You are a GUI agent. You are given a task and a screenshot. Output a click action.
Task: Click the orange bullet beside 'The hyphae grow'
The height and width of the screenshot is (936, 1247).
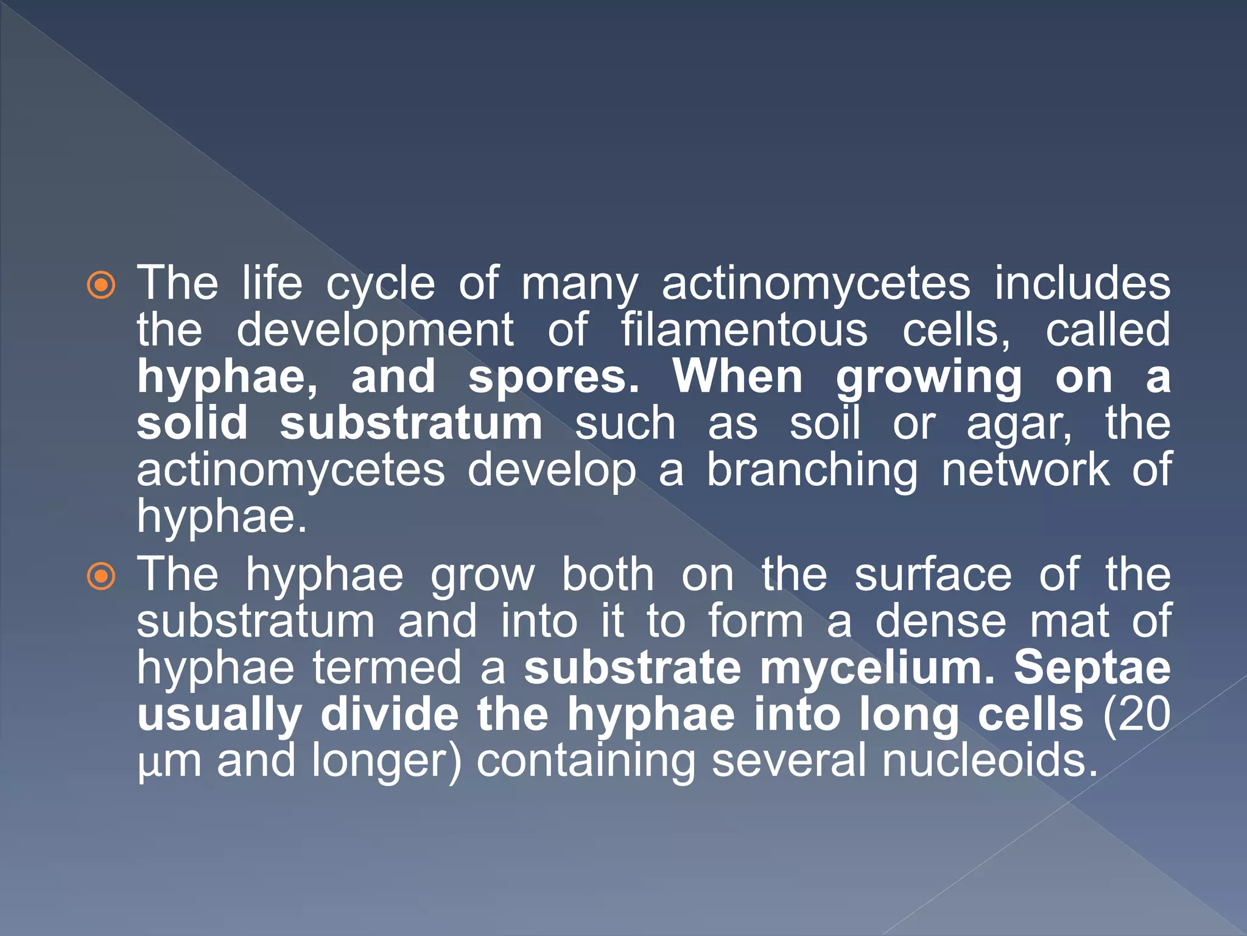pyautogui.click(x=101, y=576)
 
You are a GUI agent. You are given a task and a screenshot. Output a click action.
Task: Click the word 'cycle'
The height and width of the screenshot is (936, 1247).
pyautogui.click(x=381, y=285)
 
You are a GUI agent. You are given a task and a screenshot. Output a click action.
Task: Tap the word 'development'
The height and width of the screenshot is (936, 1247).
pyautogui.click(x=375, y=330)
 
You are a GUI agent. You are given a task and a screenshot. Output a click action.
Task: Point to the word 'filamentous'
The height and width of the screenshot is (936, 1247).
pyautogui.click(x=744, y=330)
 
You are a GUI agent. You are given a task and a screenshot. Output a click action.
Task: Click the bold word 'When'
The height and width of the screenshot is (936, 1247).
pyautogui.click(x=737, y=377)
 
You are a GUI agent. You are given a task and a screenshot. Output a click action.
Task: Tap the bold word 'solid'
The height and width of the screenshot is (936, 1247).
pyautogui.click(x=192, y=423)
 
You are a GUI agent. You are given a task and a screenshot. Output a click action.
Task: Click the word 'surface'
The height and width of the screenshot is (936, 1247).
pyautogui.click(x=933, y=575)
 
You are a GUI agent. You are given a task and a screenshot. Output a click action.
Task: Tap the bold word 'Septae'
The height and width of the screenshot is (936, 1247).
pyautogui.click(x=1092, y=669)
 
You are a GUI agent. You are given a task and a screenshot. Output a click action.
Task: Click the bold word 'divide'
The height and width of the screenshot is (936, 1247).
pyautogui.click(x=390, y=714)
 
